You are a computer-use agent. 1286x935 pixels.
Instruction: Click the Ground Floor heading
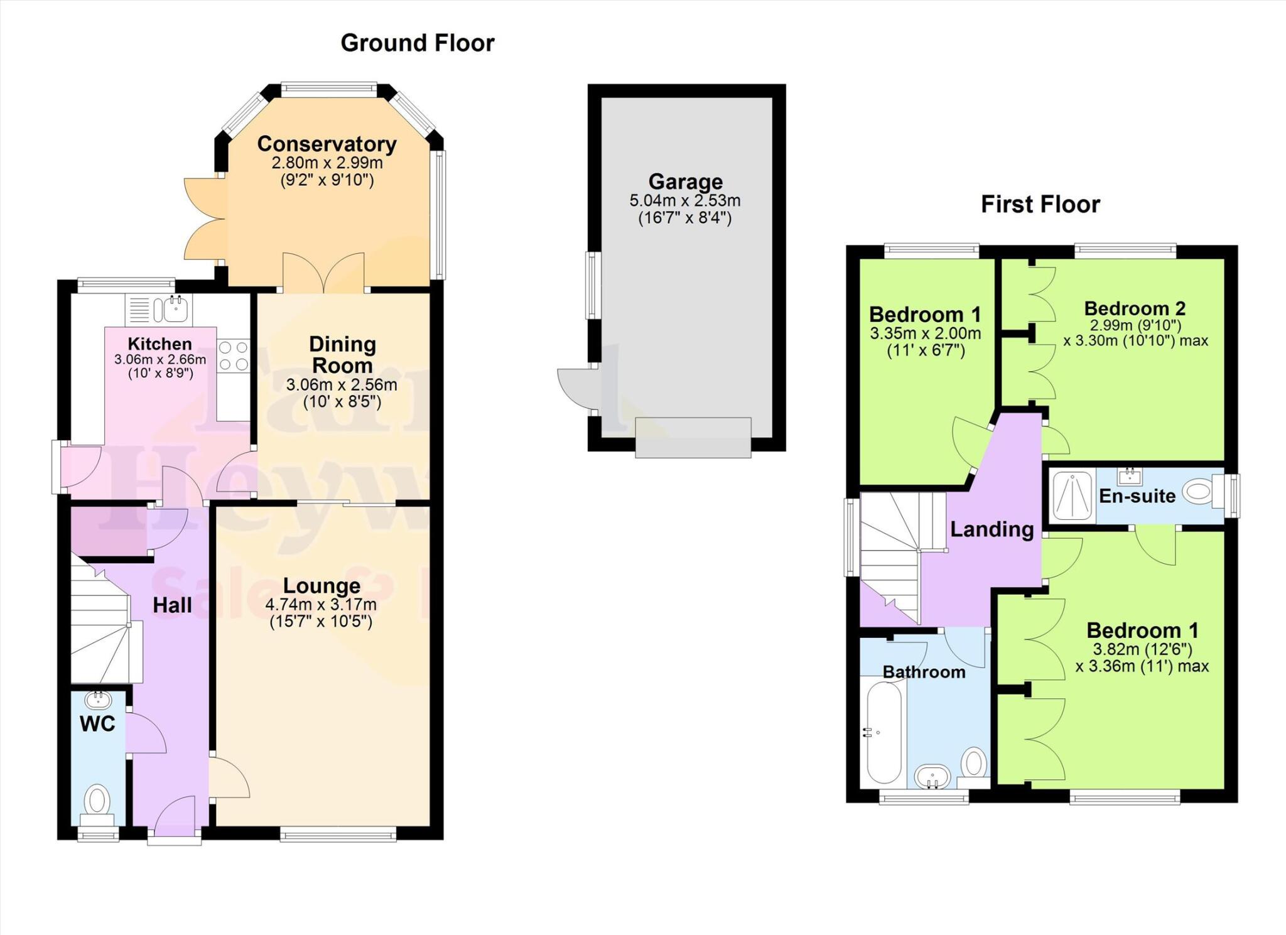417,43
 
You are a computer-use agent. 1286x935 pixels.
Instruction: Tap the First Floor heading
1040,205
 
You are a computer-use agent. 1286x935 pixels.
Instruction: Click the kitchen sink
175,308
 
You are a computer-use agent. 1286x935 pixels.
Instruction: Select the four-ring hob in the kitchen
233,355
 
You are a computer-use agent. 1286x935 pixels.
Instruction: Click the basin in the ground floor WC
98,699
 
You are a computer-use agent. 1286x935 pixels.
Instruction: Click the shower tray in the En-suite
1072,496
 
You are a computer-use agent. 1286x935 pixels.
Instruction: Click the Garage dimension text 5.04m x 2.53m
684,201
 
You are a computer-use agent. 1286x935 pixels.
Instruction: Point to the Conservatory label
327,144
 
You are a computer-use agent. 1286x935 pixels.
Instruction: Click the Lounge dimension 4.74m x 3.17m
321,605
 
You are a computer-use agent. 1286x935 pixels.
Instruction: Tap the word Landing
992,529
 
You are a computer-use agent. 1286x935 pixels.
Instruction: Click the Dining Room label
342,355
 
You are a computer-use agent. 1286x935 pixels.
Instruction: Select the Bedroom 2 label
1135,309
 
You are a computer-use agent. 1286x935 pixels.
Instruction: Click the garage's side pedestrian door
576,388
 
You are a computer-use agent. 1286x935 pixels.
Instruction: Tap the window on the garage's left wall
591,285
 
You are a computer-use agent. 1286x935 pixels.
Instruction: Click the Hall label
172,605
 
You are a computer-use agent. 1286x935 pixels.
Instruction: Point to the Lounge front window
338,834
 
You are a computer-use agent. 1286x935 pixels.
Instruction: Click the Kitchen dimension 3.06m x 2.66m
159,360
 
